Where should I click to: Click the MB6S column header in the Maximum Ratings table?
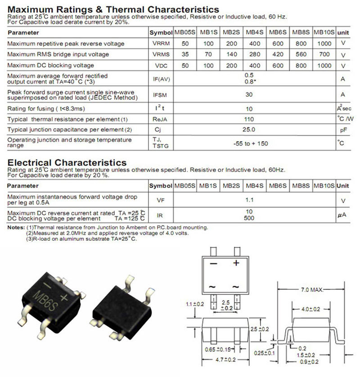[x=278, y=32]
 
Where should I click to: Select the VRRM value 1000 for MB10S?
[x=324, y=44]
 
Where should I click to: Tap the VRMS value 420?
[x=278, y=54]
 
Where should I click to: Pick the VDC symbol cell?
[x=161, y=66]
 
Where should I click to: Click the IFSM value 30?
[x=248, y=95]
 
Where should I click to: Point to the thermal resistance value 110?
[x=248, y=120]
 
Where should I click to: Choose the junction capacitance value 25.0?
[x=248, y=130]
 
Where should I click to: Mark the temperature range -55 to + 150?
[x=248, y=144]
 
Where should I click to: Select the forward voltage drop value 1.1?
[x=248, y=198]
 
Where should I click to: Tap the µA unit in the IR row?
[x=342, y=215]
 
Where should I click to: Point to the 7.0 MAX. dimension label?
[x=310, y=290]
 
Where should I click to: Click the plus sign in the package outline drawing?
[x=236, y=263]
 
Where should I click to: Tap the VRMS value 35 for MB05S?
[x=185, y=54]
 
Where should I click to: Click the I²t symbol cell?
[x=161, y=108]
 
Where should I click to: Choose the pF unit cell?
[x=342, y=130]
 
